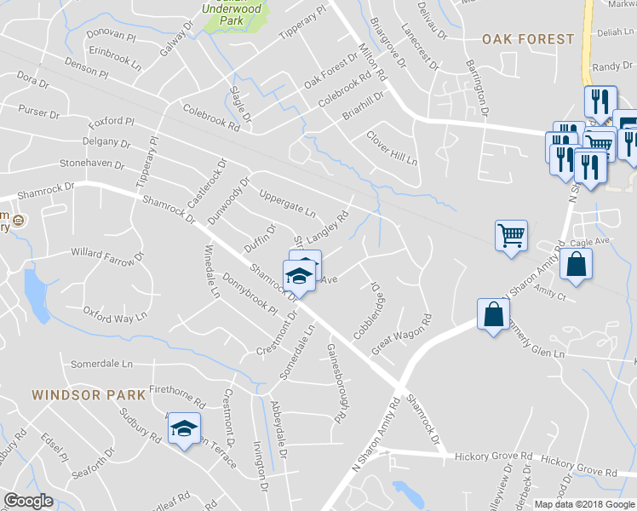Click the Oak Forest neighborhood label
(x=528, y=39)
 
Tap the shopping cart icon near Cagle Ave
(x=511, y=236)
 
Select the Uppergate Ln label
(x=287, y=202)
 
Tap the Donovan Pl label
(x=111, y=37)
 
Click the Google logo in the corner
(x=28, y=501)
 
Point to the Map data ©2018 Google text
(x=585, y=504)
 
